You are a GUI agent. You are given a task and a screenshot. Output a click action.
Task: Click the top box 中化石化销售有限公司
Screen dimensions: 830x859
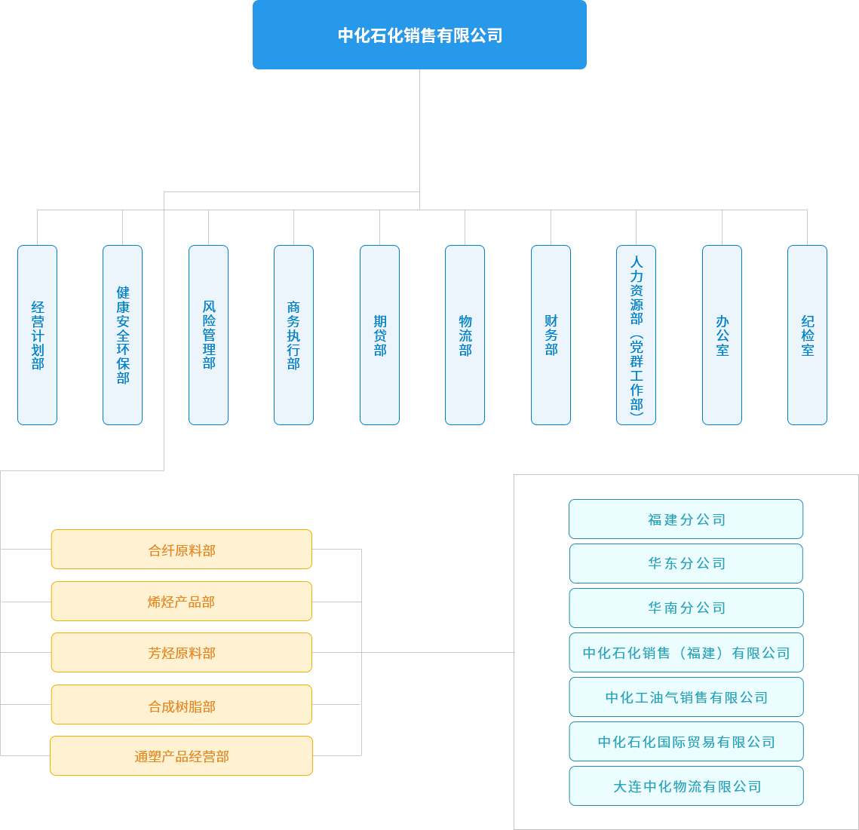click(x=419, y=35)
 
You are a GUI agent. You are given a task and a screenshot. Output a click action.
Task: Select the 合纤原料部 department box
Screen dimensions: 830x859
click(x=181, y=550)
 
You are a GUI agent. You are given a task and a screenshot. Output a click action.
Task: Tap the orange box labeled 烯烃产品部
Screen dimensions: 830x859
click(x=181, y=602)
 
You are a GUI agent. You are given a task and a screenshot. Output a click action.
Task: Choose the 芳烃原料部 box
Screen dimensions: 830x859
click(x=181, y=653)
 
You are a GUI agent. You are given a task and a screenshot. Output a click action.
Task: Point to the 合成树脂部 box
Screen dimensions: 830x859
click(x=181, y=705)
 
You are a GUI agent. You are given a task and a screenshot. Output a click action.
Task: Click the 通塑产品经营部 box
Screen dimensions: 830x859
click(x=181, y=756)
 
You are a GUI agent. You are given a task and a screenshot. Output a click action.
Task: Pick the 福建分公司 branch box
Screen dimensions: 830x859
click(x=686, y=519)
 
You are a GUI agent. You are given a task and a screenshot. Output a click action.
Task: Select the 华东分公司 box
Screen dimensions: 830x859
click(x=686, y=564)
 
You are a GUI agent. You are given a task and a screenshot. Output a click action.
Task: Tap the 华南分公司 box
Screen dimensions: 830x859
click(x=686, y=608)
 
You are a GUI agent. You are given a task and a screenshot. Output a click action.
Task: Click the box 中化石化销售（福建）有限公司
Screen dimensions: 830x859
click(x=686, y=653)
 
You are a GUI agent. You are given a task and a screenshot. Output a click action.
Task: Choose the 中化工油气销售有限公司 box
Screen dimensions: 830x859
click(x=686, y=697)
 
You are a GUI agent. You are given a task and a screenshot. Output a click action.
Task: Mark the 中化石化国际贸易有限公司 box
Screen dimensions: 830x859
click(x=686, y=742)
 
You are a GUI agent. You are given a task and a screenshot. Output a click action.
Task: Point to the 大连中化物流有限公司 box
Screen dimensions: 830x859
click(x=686, y=786)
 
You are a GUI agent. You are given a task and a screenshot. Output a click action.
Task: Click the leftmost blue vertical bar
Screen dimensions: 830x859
click(x=37, y=335)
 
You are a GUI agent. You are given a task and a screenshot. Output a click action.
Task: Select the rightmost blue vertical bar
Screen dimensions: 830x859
click(x=807, y=335)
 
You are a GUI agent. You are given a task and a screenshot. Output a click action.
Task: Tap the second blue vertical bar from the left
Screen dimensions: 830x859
click(x=122, y=335)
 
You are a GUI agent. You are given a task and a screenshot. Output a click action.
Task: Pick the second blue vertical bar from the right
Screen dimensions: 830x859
click(x=722, y=335)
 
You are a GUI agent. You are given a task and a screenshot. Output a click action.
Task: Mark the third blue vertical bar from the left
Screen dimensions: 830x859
click(x=208, y=335)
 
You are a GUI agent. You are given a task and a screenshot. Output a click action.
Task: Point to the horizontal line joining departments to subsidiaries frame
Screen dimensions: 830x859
click(x=437, y=652)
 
